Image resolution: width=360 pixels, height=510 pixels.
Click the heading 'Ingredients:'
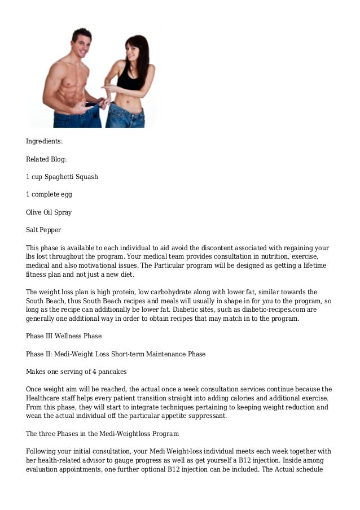45,141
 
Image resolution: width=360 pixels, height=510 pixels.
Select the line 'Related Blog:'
46,159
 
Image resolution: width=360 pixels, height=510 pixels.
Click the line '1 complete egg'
49,194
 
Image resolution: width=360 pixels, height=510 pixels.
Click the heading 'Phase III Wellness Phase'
63,336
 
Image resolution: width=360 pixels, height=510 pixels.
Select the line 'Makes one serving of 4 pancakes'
76,372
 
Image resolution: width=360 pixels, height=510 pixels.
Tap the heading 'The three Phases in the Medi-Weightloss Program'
102,434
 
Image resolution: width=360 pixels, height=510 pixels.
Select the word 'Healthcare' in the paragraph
45,398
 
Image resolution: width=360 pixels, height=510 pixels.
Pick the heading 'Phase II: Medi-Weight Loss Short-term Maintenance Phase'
116,354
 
